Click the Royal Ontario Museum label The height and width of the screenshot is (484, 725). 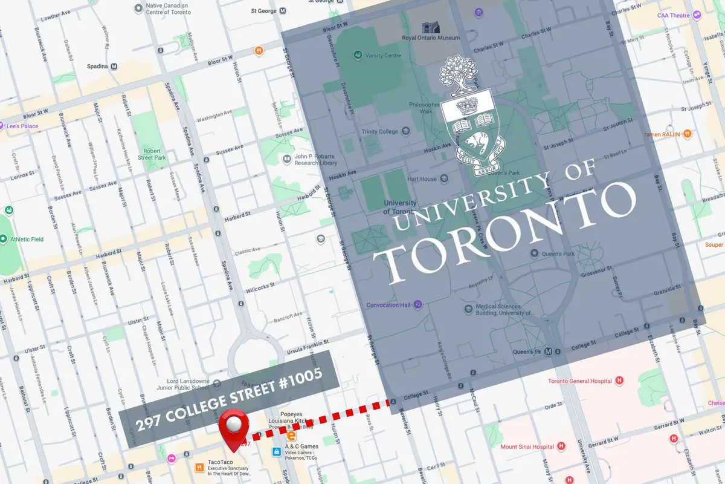click(x=431, y=38)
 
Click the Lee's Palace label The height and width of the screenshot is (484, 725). click(x=22, y=126)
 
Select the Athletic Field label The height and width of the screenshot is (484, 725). click(x=27, y=239)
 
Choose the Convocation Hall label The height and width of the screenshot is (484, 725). click(x=388, y=305)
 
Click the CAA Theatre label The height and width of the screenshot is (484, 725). click(x=673, y=15)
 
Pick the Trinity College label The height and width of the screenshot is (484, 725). click(x=379, y=131)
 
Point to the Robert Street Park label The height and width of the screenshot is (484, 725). click(x=152, y=154)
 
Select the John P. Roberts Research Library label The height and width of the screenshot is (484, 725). click(x=315, y=160)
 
